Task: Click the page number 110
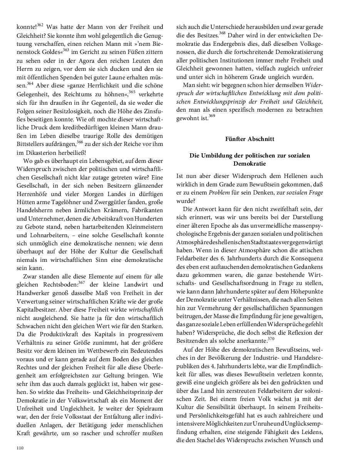pos(20,448)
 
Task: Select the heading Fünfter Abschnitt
pos(249,139)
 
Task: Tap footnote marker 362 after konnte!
pos(40,25)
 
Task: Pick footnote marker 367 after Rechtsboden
pos(81,282)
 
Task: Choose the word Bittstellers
pos(34,144)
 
